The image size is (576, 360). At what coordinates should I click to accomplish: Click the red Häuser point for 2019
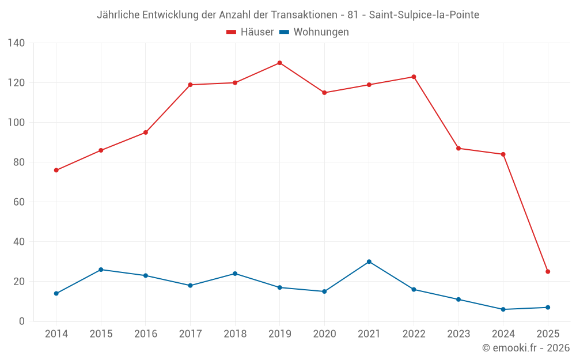click(x=280, y=63)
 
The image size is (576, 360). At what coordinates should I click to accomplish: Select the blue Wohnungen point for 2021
click(x=369, y=262)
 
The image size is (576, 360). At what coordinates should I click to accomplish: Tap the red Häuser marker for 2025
click(x=548, y=271)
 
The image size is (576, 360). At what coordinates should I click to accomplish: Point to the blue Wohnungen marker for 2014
click(x=56, y=294)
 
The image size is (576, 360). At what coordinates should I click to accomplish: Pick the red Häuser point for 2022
click(x=414, y=77)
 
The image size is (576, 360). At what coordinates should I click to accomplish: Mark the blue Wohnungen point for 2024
click(x=503, y=309)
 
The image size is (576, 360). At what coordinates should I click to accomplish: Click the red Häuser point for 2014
click(x=56, y=170)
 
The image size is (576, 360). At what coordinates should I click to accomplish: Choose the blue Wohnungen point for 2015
click(x=101, y=270)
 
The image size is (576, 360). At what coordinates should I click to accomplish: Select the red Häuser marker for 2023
click(x=458, y=149)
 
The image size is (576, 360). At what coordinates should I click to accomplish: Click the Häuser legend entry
click(x=250, y=32)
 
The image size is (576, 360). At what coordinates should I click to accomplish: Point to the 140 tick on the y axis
click(x=17, y=43)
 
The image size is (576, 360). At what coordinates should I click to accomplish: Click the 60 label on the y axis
click(x=19, y=202)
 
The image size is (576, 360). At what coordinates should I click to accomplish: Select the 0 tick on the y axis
click(x=22, y=321)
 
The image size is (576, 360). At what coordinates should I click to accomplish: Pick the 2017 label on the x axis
click(x=190, y=334)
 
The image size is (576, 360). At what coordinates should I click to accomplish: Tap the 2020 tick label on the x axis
click(x=324, y=334)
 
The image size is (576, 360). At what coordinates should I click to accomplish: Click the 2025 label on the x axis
click(x=548, y=334)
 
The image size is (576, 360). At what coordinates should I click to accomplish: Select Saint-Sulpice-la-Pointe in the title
click(x=424, y=14)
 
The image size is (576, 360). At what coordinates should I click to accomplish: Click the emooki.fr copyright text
click(x=526, y=348)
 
